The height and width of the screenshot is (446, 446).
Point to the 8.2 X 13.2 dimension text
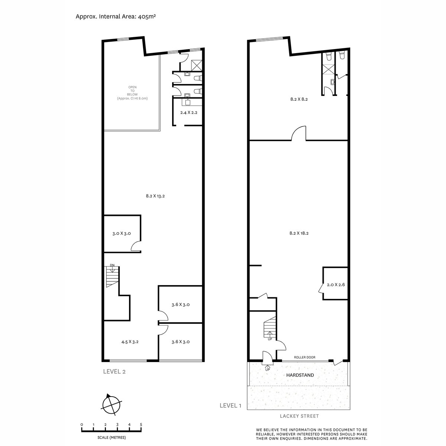155,196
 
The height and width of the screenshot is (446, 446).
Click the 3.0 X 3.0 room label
122,234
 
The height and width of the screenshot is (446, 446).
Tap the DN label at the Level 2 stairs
112,265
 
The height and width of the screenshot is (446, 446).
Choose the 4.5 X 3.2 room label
130,342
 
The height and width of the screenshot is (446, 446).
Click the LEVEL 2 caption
114,371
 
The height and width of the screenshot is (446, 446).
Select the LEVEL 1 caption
230,405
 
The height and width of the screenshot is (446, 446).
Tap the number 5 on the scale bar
141,424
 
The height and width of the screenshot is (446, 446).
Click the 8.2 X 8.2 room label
299,100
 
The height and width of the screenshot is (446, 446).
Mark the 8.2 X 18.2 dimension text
299,233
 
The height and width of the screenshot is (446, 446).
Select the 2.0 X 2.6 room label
336,285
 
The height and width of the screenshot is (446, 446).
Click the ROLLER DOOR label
304,357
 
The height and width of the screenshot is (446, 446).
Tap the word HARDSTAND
300,375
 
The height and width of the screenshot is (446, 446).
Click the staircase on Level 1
270,328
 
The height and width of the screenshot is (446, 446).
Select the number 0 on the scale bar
82,424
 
